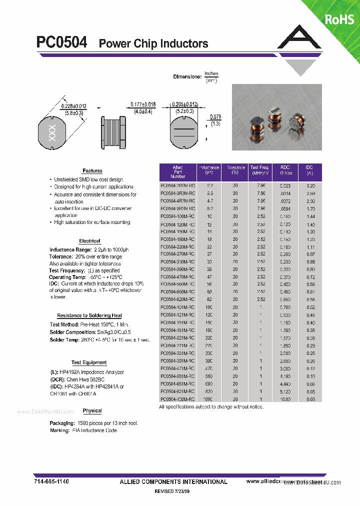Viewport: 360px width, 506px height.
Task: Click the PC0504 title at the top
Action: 61,43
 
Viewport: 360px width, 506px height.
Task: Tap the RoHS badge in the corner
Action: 339,19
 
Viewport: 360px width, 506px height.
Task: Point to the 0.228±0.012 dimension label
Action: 73,106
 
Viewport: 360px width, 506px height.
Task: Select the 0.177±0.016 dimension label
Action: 143,104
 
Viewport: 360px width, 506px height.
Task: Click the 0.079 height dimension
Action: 215,117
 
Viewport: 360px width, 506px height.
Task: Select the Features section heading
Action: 92,171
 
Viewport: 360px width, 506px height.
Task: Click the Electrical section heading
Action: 89,241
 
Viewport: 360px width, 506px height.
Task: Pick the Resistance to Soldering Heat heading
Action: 89,315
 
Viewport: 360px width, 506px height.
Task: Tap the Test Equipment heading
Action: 89,362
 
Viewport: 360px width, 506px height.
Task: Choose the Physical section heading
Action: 92,410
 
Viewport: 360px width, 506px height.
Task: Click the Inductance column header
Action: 209,170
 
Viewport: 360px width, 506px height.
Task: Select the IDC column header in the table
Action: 309,170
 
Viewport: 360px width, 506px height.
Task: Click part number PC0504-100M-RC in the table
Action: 177,216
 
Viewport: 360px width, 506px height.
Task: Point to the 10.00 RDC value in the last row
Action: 284,399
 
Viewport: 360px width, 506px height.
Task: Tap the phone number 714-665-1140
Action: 51,481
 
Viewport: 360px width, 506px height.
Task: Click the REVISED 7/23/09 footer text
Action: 172,492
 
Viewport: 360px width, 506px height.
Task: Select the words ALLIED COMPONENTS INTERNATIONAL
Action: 173,481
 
